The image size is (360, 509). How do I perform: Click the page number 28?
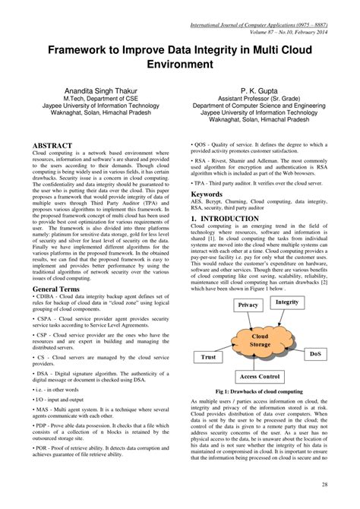pos(346,485)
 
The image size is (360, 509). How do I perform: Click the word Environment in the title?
pos(180,65)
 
